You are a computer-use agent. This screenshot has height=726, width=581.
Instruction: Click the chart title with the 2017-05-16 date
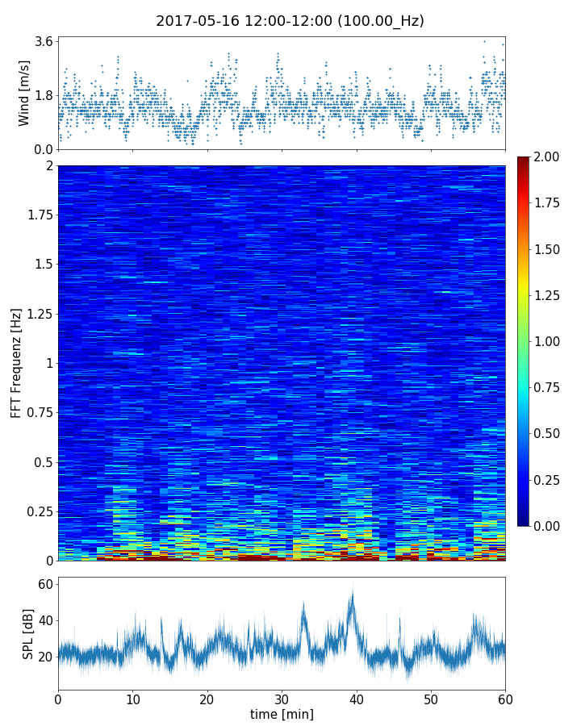point(290,21)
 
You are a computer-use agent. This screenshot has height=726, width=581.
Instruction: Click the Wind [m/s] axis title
point(24,93)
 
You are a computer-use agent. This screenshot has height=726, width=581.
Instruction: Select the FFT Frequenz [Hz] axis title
point(16,363)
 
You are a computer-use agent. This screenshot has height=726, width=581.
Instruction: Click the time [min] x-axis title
point(282,714)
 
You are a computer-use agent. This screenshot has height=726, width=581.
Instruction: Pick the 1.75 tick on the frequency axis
point(39,215)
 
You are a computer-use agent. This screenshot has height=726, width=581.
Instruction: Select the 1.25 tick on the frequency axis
point(39,314)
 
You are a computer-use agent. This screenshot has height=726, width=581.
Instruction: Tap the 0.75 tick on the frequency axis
point(39,413)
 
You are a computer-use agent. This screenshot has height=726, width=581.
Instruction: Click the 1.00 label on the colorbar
point(549,341)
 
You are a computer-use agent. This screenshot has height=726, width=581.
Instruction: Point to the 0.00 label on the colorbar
point(549,526)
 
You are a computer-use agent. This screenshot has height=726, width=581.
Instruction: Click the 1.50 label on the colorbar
point(549,249)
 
